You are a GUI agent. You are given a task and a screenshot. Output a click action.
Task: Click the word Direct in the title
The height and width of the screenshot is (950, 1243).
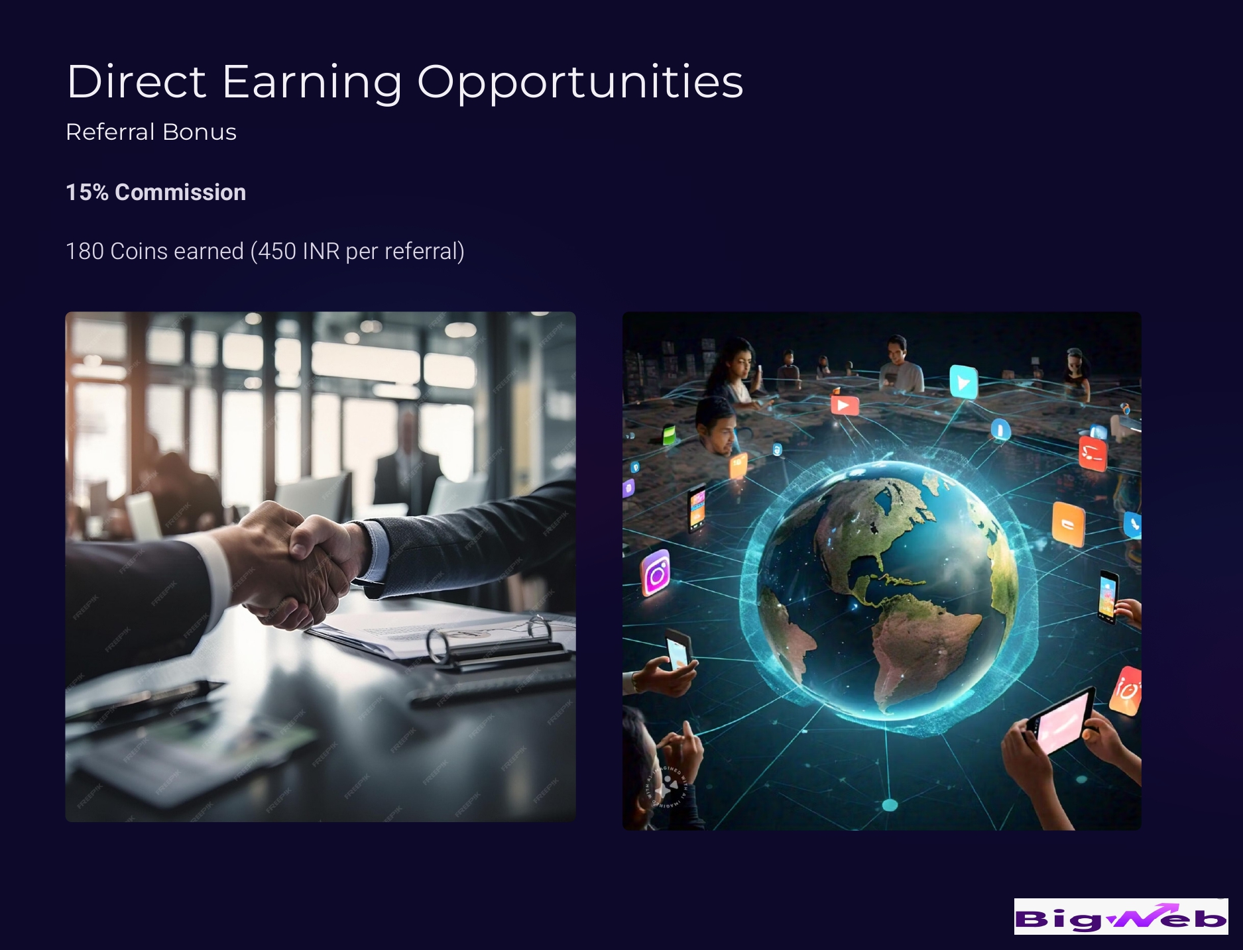coord(137,81)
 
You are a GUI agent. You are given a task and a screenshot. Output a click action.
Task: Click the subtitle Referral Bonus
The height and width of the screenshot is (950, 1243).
coord(151,132)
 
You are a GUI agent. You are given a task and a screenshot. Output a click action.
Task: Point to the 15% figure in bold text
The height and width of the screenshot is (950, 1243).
coord(87,192)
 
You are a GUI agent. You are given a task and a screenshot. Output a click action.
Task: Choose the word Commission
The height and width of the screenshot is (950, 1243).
coord(180,192)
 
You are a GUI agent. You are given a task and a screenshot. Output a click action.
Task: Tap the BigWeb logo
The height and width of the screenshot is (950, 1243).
coord(1121,916)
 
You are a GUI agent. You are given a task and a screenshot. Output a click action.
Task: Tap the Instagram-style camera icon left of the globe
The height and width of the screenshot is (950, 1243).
coord(656,574)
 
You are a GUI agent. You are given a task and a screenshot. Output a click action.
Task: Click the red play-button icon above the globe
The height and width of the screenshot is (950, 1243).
coord(845,404)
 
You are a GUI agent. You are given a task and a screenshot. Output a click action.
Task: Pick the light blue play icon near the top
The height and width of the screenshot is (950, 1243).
coord(963,382)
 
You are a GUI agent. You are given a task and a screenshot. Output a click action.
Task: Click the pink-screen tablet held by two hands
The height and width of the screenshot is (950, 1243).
coord(1061,721)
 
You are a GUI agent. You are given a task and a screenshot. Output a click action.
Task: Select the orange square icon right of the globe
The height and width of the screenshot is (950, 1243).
coord(1068,524)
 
